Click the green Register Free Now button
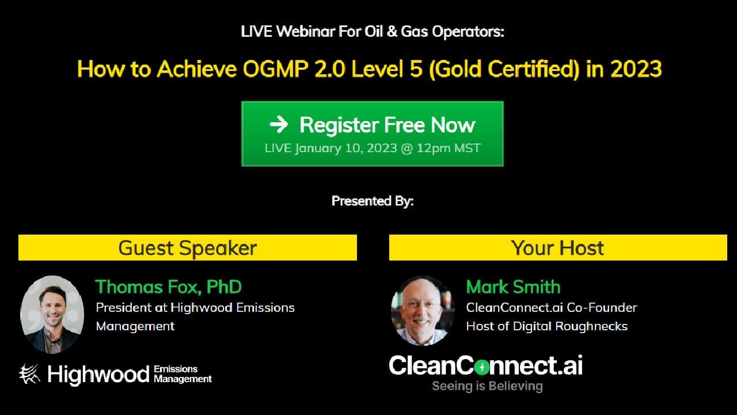tap(372, 134)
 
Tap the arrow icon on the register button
tap(279, 124)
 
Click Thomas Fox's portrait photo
tap(52, 314)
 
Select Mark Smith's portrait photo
tap(423, 311)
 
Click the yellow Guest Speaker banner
tap(188, 248)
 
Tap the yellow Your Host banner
tap(557, 248)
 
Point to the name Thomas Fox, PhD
tap(168, 286)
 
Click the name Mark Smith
tap(513, 286)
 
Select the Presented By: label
tap(373, 201)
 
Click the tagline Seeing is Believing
tap(487, 386)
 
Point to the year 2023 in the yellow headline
tap(636, 69)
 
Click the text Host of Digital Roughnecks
tap(546, 326)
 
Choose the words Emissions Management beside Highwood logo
tap(183, 374)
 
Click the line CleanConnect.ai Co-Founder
tap(551, 308)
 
